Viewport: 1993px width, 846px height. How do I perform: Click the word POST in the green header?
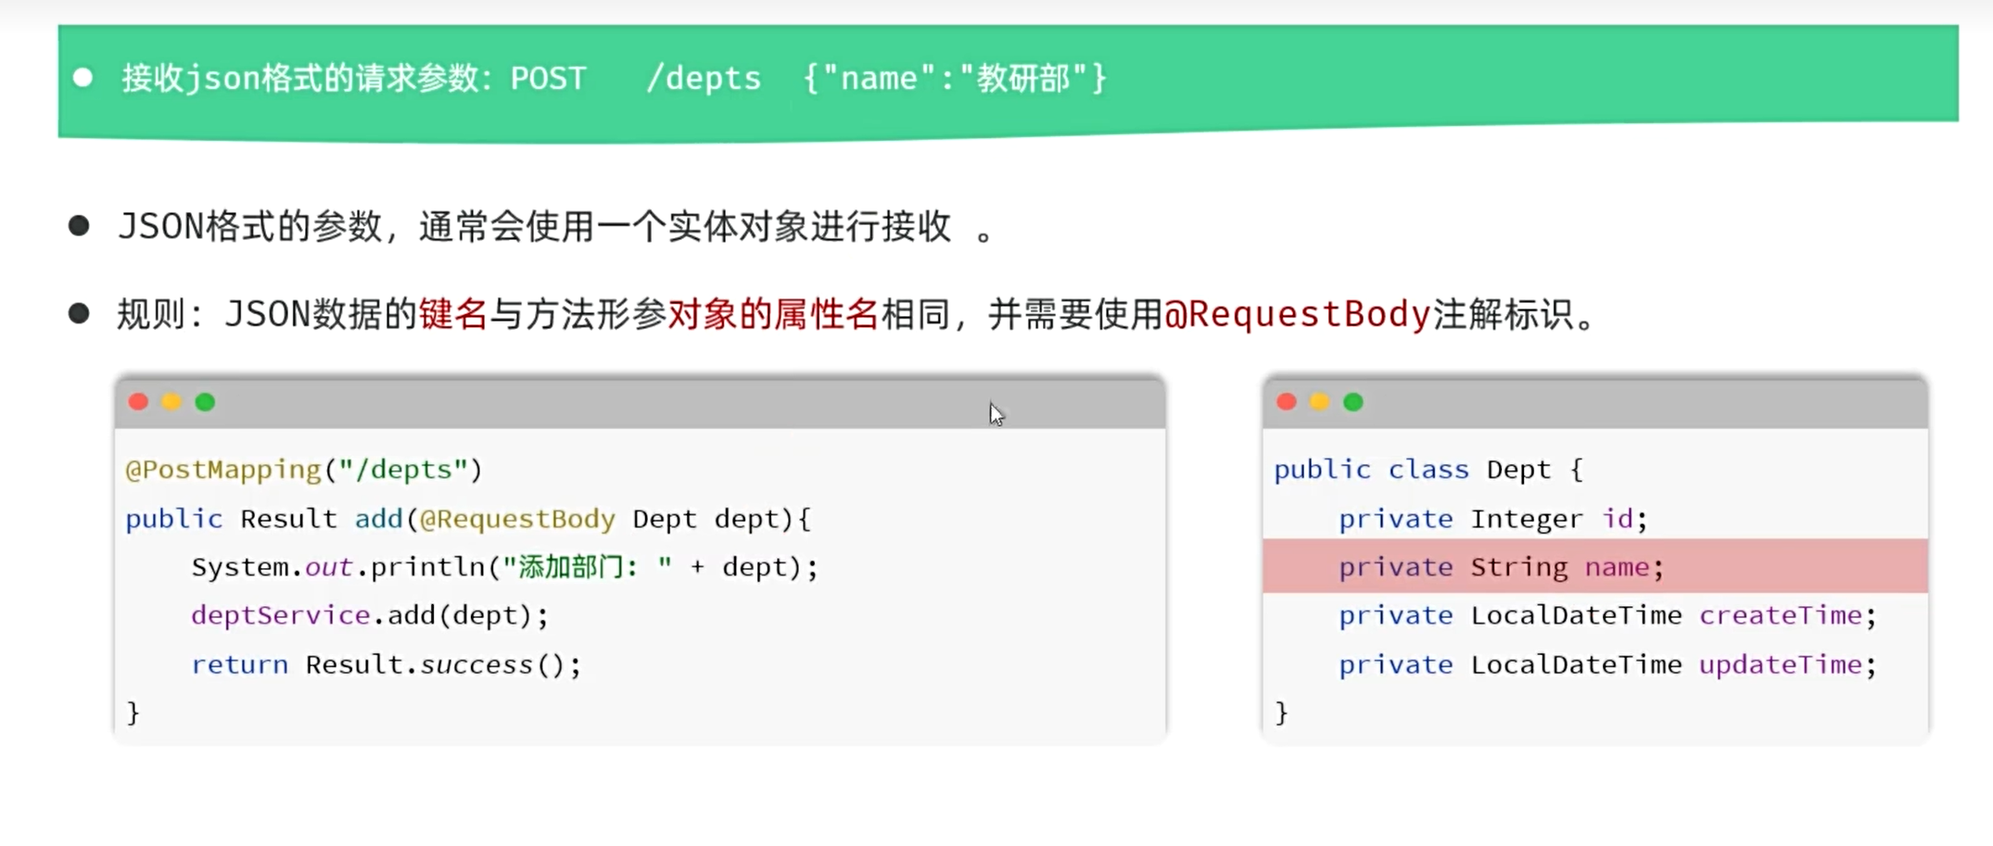pos(548,78)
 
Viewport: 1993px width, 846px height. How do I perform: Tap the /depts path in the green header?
pos(704,79)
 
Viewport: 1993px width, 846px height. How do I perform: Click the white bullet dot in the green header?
pos(83,78)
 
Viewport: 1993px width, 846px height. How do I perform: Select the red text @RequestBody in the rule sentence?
pos(1298,315)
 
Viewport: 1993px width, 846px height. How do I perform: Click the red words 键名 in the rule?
pos(453,315)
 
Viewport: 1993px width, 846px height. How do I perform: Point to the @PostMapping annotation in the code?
pos(223,470)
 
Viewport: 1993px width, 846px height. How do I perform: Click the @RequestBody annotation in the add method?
pos(517,519)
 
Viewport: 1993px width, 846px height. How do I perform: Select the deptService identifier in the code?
pos(281,615)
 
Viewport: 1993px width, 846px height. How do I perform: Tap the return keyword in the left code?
pos(240,664)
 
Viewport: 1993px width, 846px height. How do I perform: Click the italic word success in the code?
pos(476,664)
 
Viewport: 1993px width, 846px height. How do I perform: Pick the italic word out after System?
pos(328,567)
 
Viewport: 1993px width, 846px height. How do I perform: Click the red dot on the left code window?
pos(138,401)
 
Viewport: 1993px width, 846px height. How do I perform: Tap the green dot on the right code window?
pos(1353,401)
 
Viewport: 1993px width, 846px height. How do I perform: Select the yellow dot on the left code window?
pos(171,401)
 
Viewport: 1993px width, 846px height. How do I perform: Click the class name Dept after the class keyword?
pos(1518,470)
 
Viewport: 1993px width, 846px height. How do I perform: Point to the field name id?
pos(1618,518)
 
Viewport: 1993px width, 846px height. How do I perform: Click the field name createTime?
pos(1780,615)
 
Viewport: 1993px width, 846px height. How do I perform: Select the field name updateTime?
pos(1780,664)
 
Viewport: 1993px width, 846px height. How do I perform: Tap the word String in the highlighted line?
pos(1519,567)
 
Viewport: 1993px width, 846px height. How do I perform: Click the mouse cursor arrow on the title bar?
pos(996,414)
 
